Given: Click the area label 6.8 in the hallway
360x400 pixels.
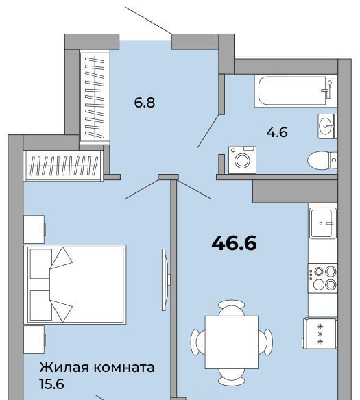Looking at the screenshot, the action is click(145, 103).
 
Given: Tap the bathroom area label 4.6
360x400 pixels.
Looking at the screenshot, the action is click(277, 132).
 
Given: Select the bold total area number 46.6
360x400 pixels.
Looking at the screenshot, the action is click(234, 243).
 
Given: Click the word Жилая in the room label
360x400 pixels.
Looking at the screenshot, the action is click(64, 368).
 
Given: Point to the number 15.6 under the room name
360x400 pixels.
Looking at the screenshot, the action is click(51, 384).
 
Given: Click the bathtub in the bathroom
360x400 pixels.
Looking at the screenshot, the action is click(296, 91).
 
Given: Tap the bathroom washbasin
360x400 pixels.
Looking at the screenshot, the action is click(328, 126).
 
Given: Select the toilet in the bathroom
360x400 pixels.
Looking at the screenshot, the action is click(322, 160).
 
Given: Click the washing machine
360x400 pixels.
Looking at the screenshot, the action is click(242, 160).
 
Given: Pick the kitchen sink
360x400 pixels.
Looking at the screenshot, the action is click(323, 223).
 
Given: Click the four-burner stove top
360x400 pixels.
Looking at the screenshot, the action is click(323, 278).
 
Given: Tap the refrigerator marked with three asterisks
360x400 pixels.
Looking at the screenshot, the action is click(320, 334).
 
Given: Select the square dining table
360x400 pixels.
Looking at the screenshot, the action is click(232, 342).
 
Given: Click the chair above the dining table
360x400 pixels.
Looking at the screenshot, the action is click(232, 308).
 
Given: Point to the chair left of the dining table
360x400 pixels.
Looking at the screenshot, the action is click(198, 342).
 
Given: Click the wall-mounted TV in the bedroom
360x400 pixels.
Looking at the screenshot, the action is click(166, 279).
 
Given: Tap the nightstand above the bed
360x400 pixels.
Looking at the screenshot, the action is click(34, 229).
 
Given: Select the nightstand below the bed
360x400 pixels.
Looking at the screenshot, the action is click(34, 340).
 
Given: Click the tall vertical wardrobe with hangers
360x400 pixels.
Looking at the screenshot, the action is click(95, 97).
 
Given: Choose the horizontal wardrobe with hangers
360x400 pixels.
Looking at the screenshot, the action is click(63, 166).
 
